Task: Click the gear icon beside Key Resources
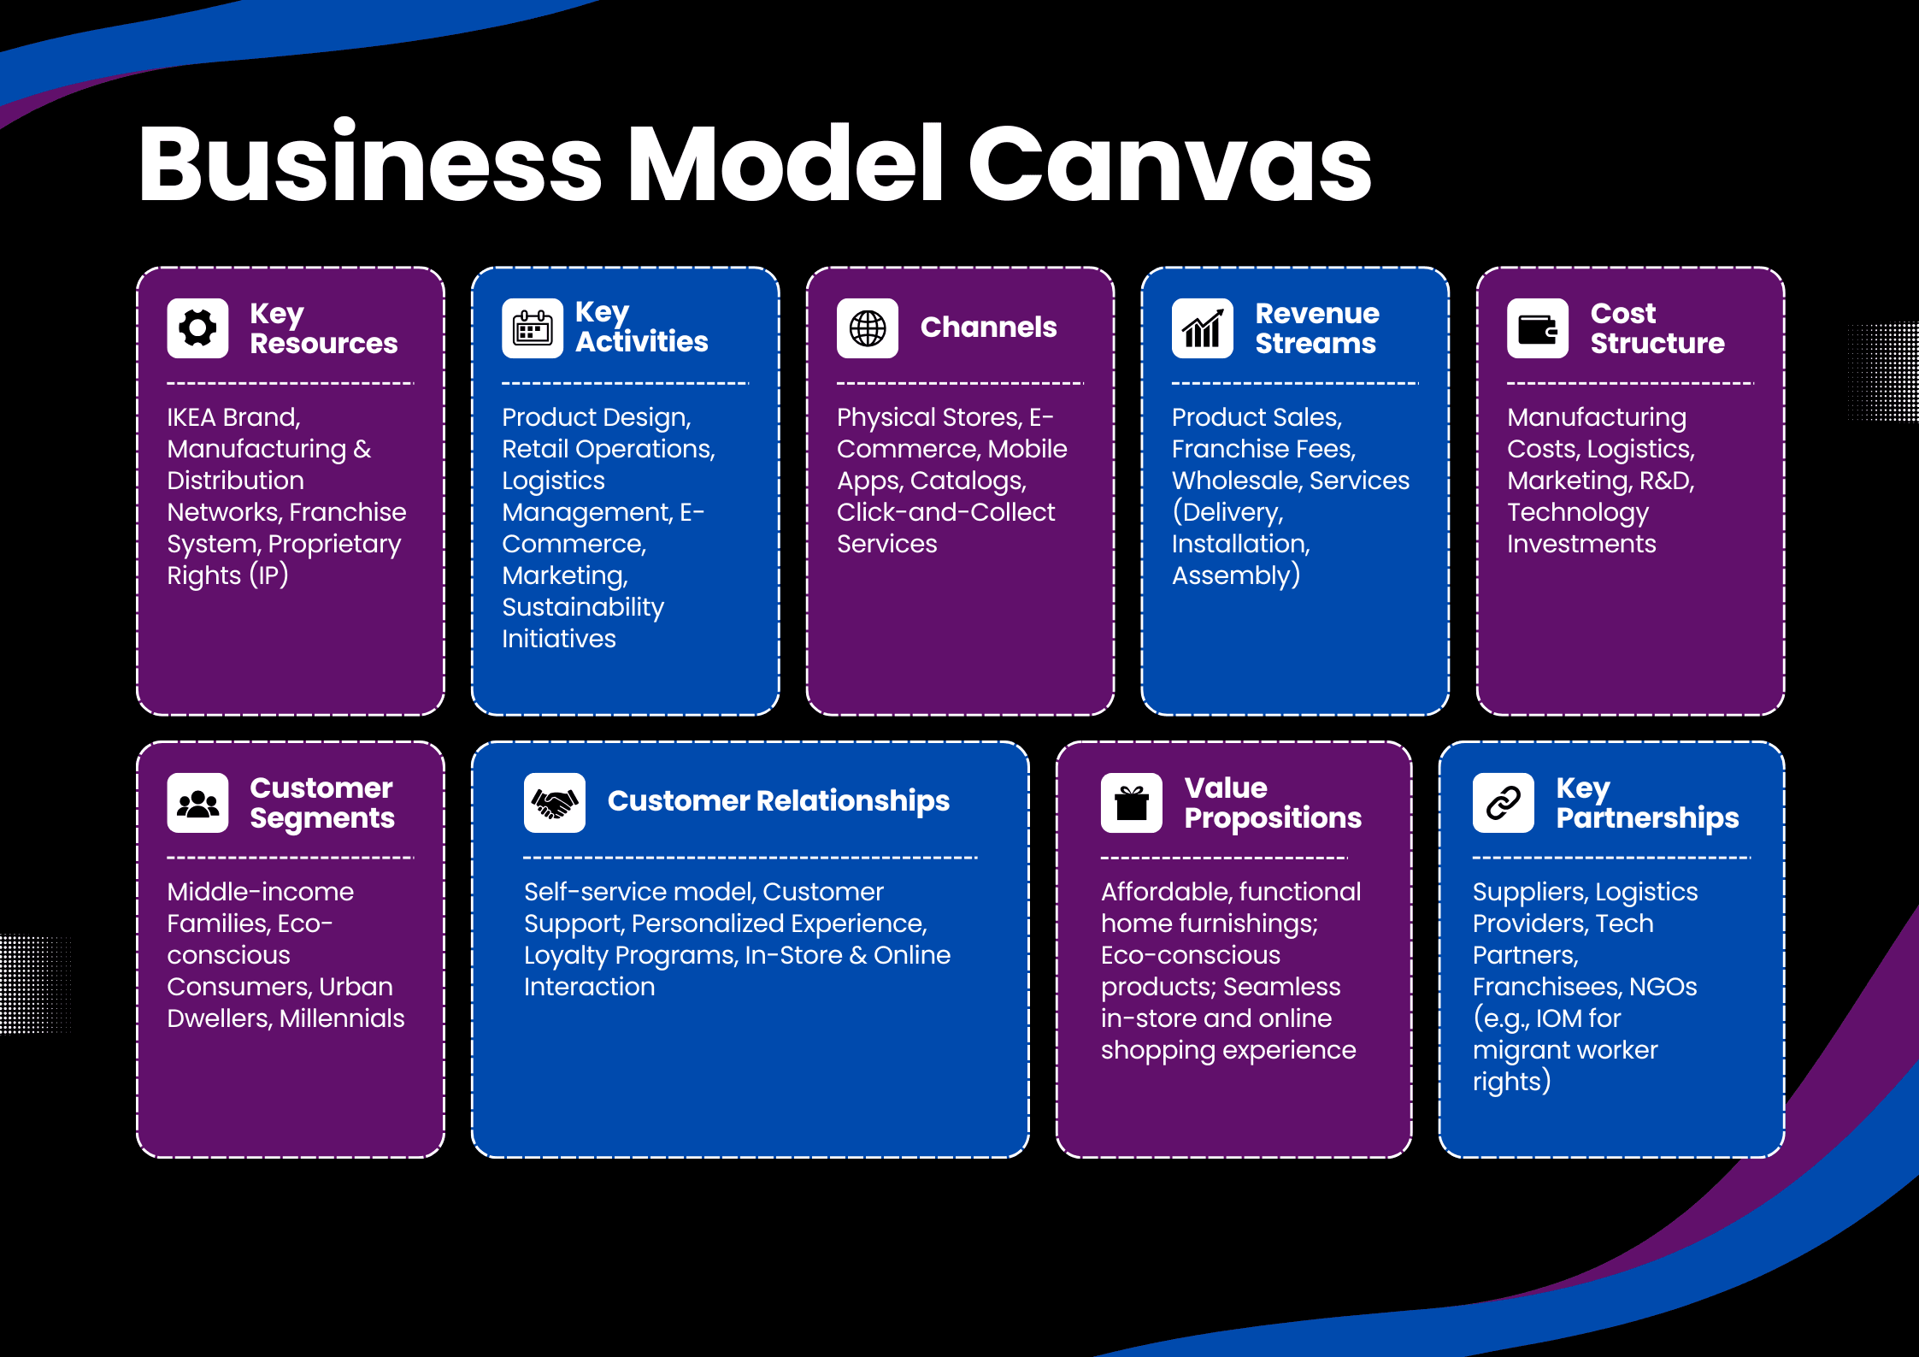point(197,328)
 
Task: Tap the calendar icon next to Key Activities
point(533,328)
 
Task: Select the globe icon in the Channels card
point(868,328)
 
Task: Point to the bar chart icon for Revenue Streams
point(1202,328)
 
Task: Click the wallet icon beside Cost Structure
point(1537,328)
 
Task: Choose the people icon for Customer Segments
point(197,803)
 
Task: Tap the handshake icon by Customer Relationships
point(554,803)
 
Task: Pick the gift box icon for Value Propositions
point(1131,803)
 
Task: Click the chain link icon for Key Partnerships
point(1503,803)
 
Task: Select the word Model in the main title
point(786,164)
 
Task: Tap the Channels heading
point(988,327)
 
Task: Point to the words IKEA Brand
point(233,417)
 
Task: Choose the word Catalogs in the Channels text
point(967,481)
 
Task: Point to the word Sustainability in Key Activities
point(582,607)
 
